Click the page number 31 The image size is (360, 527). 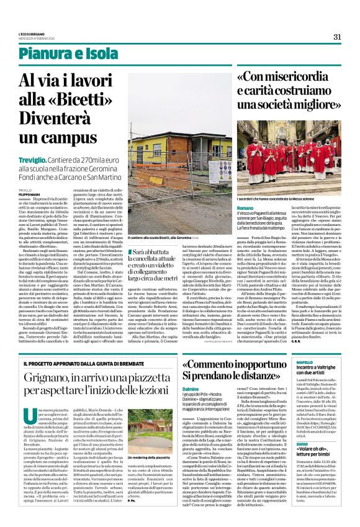pos(337,37)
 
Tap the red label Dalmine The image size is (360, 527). pos(191,389)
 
